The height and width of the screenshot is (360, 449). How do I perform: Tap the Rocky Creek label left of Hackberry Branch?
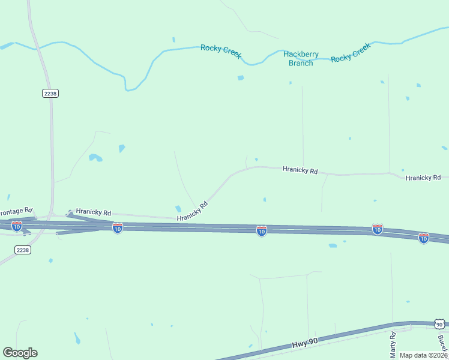221,51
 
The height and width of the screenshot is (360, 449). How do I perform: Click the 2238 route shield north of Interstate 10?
50,93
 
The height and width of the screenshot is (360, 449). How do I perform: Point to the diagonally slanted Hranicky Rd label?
192,211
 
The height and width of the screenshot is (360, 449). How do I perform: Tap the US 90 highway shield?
439,324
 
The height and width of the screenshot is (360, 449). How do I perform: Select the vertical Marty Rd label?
393,343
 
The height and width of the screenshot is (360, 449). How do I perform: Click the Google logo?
20,353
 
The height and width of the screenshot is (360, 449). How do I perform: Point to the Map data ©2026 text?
423,355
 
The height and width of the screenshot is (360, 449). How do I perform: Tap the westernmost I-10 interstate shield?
17,226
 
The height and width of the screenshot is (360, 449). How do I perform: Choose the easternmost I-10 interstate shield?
424,238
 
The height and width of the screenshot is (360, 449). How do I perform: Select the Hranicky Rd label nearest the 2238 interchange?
94,212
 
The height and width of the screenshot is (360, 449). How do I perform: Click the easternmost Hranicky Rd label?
423,178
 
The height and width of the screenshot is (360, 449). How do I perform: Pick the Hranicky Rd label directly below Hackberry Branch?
300,170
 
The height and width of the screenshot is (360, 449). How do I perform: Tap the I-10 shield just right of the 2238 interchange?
118,228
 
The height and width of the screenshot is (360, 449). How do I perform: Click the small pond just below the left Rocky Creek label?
241,78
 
